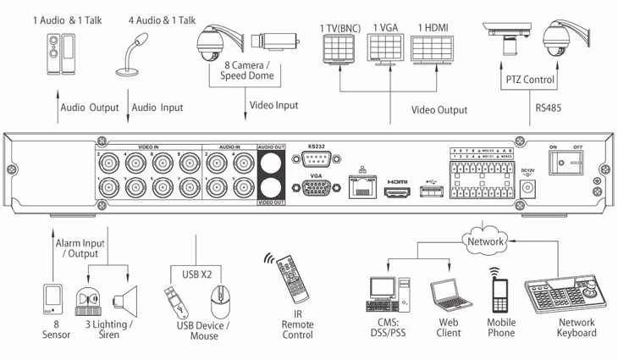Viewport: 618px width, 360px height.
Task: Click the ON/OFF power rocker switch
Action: pos(566,164)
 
